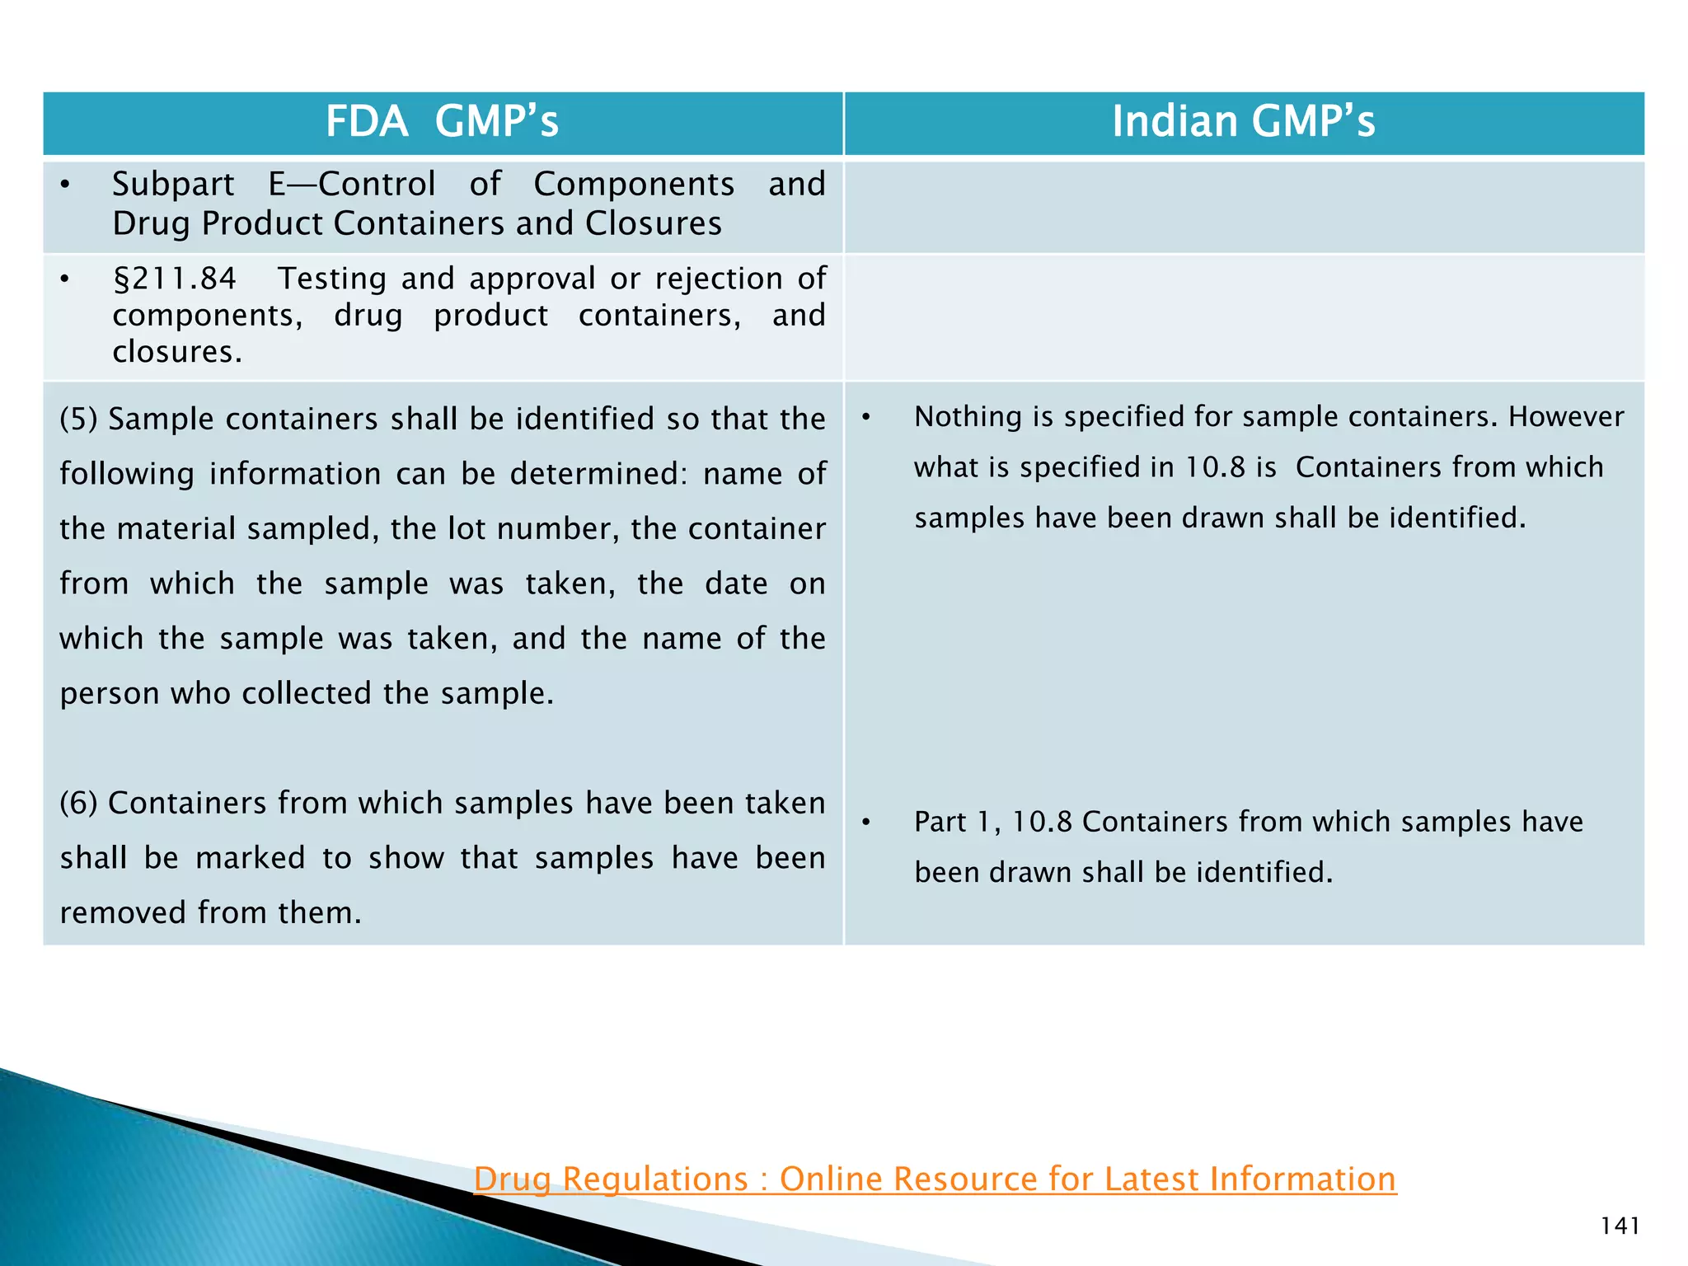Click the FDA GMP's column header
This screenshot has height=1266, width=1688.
coord(442,122)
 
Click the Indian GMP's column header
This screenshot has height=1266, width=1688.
coord(1243,122)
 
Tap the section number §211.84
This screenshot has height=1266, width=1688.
coord(175,279)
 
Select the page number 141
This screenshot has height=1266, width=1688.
coord(1620,1226)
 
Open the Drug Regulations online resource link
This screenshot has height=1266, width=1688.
coord(935,1179)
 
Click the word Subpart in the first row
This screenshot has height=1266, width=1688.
coord(173,184)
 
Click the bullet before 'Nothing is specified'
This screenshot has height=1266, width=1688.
coord(866,418)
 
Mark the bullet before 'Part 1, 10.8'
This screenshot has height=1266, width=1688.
coord(866,823)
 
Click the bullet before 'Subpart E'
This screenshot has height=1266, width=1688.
coord(65,185)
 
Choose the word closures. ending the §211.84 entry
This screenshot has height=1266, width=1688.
coord(177,352)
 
